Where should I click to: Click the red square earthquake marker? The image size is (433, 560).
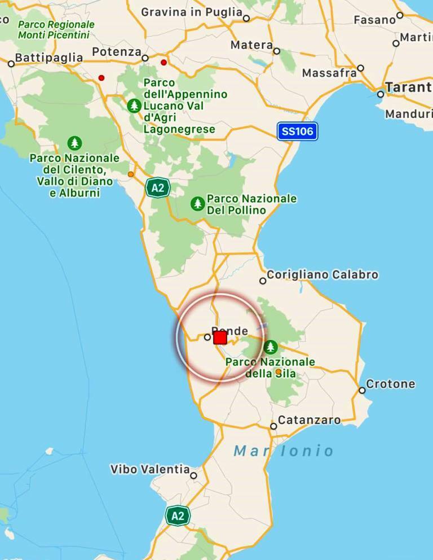click(220, 338)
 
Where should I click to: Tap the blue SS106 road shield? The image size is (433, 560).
click(298, 132)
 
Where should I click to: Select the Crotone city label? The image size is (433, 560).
click(390, 384)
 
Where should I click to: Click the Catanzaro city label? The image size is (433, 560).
click(309, 420)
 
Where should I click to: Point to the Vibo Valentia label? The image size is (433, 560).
click(150, 469)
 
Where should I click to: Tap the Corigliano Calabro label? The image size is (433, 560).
click(322, 275)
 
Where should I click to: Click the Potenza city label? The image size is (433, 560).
click(117, 52)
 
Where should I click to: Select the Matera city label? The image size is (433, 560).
click(251, 45)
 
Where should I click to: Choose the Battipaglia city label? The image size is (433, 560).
click(48, 58)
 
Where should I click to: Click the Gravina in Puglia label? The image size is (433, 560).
click(192, 12)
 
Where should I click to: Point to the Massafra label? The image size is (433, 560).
click(329, 73)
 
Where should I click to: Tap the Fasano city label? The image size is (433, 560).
click(374, 20)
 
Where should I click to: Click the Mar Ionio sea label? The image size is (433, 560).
click(284, 451)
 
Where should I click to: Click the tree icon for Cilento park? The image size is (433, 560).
click(74, 143)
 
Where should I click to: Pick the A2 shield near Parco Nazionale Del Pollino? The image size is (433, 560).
click(157, 187)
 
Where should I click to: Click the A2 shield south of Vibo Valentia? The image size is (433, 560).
click(178, 515)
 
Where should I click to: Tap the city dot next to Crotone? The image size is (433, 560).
click(362, 390)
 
